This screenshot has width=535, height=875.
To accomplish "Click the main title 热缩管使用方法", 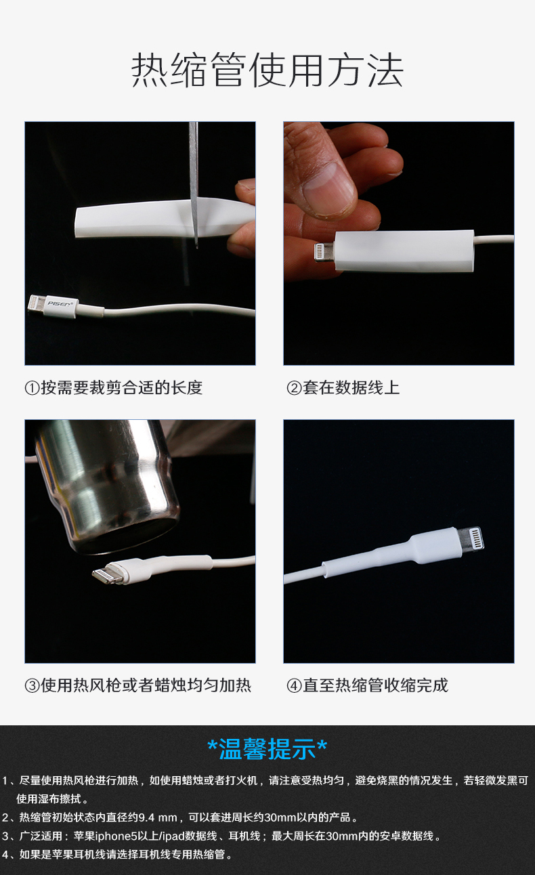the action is [x=267, y=70].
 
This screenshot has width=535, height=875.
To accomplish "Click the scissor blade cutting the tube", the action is [x=194, y=184].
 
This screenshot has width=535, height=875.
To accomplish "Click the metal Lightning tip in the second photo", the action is [x=324, y=252].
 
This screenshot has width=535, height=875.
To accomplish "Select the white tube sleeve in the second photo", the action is [x=404, y=251].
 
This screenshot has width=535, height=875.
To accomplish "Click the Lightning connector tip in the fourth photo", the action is [x=470, y=538].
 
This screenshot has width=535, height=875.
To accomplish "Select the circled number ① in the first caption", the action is [x=32, y=388].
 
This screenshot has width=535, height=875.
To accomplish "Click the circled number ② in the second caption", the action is [x=294, y=388].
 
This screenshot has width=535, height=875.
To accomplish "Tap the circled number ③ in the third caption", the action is [x=32, y=686].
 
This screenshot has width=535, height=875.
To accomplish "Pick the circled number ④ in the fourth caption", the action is [x=294, y=686].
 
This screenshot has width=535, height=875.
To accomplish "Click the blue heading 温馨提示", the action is [x=267, y=749].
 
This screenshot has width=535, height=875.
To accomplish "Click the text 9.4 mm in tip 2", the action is [x=158, y=817].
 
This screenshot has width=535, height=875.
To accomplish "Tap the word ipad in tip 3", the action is [x=173, y=836].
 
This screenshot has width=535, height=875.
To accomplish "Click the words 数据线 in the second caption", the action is [x=360, y=388].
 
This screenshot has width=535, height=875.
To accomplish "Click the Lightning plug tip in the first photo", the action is [x=37, y=303].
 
